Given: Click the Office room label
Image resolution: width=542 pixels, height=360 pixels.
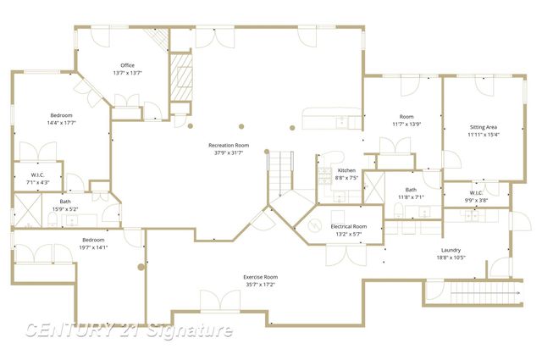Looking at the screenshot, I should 127,65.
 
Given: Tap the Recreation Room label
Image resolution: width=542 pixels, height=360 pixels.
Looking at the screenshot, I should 230,146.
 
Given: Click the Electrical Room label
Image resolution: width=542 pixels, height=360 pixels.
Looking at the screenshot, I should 348,227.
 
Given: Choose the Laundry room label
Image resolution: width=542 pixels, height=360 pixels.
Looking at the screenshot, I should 451,250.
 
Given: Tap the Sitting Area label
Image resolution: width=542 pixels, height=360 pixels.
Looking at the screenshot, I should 484,127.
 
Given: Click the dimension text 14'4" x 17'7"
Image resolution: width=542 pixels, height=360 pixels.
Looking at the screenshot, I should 62,123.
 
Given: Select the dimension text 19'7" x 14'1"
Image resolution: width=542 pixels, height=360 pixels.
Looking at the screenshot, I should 93,247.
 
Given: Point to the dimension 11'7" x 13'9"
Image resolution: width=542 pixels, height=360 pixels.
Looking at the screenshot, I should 406,124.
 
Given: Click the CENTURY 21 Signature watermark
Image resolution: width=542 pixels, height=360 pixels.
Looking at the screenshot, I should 127,330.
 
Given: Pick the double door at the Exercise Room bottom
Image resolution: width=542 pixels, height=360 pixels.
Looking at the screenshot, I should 219,301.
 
